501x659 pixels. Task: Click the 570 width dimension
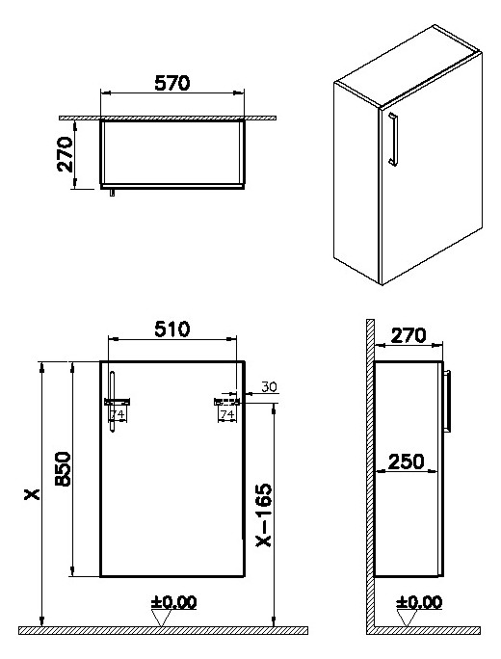(x=172, y=83)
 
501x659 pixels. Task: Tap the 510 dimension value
(x=172, y=329)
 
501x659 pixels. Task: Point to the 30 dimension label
(x=269, y=387)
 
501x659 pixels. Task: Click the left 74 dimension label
(x=118, y=414)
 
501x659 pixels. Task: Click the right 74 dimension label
(x=227, y=414)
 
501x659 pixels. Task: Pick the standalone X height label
(x=31, y=495)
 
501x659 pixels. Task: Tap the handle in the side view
(x=449, y=400)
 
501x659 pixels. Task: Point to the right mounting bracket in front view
(x=226, y=400)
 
